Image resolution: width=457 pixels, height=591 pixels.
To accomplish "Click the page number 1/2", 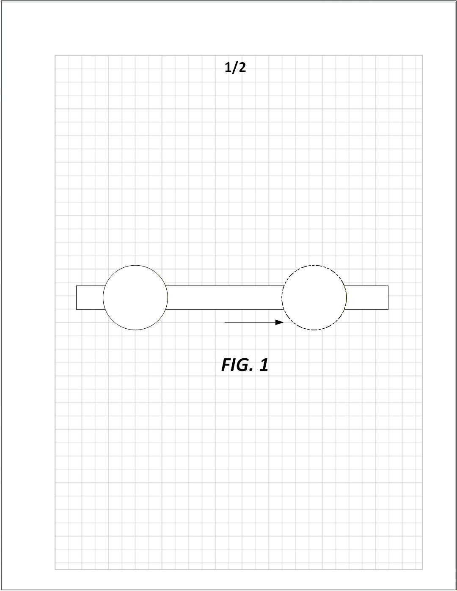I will pos(235,67).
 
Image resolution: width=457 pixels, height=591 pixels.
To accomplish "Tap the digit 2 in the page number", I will pos(242,67).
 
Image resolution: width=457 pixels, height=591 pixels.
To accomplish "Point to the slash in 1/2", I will pos(235,67).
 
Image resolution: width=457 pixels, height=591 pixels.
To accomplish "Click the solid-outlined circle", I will pos(135,297).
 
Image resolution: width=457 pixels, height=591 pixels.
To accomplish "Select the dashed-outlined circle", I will pos(314,297).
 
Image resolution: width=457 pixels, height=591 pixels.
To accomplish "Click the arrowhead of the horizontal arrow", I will pos(279,322).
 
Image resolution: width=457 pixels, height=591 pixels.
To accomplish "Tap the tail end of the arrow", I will pos(225,322).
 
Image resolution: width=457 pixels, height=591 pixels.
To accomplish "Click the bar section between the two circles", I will pos(224,297).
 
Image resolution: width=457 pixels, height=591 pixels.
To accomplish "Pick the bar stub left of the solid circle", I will pos(90,297).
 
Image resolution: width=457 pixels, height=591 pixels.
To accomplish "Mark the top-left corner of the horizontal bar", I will pos(77,286).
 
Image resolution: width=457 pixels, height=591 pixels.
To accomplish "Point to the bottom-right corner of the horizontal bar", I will pos(388,309).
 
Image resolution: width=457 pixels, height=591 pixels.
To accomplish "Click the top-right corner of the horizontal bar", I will pos(388,286).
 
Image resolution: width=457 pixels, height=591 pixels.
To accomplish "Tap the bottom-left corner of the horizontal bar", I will pos(77,309).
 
